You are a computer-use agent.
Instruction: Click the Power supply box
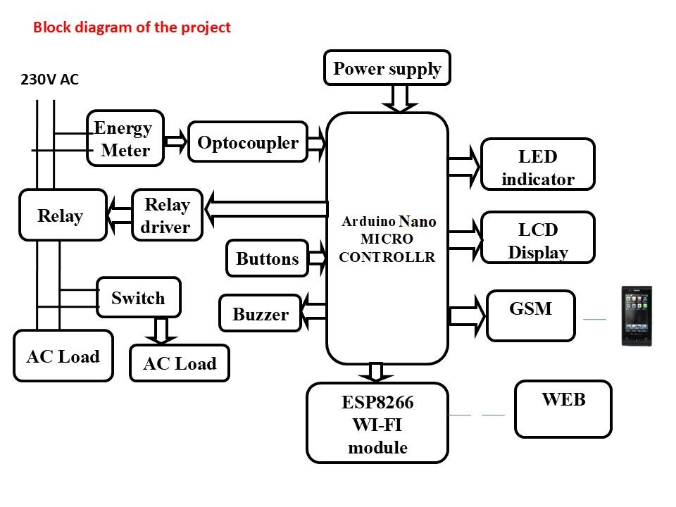[387, 68]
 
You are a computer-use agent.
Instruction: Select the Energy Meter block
[125, 138]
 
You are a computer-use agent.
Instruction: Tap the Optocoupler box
[248, 142]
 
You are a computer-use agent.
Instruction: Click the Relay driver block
[167, 215]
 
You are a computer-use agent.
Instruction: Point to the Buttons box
[268, 258]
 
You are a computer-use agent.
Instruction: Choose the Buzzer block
[261, 314]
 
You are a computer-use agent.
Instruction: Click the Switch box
[138, 298]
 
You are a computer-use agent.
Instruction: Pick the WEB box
[563, 408]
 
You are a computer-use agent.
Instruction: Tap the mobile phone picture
[637, 315]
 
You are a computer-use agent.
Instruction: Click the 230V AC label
[49, 80]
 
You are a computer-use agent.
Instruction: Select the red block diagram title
[132, 28]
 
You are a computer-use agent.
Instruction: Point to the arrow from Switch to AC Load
[161, 330]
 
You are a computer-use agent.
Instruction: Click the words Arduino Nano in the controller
[389, 221]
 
